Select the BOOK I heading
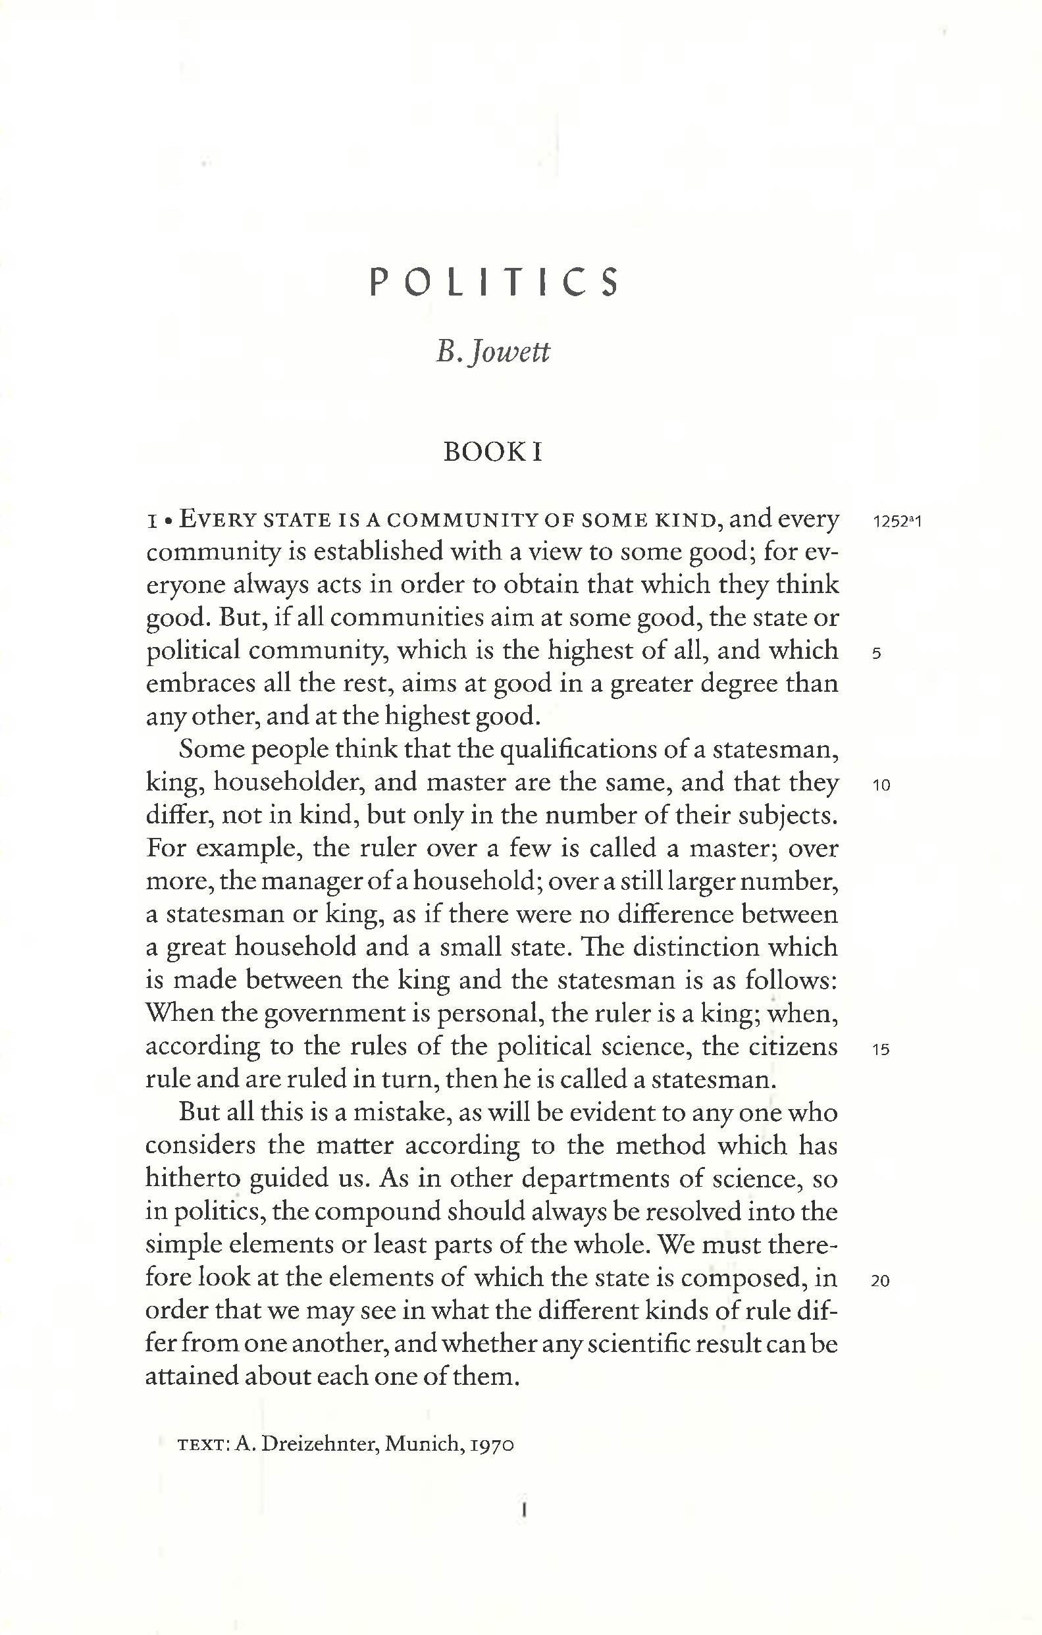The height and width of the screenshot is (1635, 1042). pos(493,452)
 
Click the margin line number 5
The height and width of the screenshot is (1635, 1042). pos(876,654)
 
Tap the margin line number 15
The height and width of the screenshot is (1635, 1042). pos(881,1050)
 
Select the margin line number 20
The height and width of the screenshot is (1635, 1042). pos(880,1282)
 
